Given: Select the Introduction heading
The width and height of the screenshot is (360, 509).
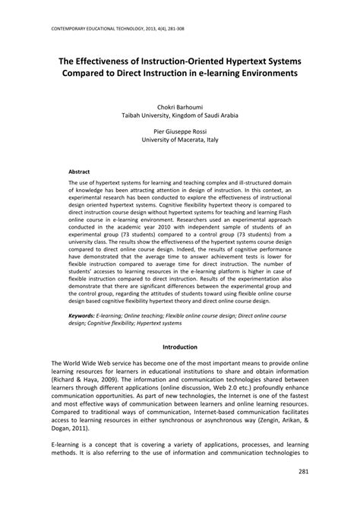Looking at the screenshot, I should click(180, 346).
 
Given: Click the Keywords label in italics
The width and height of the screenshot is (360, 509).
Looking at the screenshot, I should click(82, 314).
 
